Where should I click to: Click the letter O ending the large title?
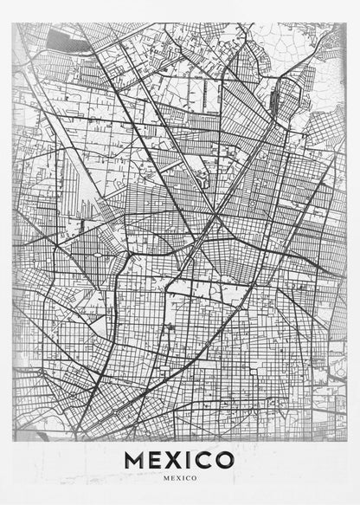coord(225,459)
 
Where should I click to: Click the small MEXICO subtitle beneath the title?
coord(180,477)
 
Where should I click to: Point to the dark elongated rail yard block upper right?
coord(275,102)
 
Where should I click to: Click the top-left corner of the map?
coord(13,23)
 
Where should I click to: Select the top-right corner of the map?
coord(347,23)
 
